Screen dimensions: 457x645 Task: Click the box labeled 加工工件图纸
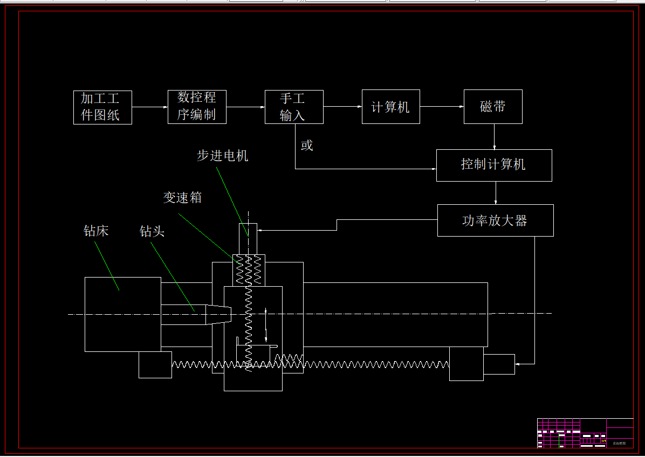102,107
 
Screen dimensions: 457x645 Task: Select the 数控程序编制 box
197,107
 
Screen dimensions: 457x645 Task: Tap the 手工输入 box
294,107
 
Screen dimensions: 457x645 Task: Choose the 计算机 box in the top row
390,107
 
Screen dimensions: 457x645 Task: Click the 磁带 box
493,107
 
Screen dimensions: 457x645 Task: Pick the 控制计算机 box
494,165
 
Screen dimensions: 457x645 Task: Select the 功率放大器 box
495,220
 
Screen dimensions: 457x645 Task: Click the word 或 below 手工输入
307,146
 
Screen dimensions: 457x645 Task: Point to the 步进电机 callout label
223,156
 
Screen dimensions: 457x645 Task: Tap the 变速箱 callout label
183,198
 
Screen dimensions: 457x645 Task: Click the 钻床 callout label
96,231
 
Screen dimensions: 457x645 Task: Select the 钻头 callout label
152,231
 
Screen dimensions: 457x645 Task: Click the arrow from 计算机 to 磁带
442,107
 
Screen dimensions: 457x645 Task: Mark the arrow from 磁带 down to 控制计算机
494,137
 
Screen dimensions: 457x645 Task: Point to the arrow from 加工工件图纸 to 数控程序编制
150,107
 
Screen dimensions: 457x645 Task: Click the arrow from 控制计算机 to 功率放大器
496,193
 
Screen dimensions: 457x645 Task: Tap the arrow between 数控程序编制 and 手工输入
245,107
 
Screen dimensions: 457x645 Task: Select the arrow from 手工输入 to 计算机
342,107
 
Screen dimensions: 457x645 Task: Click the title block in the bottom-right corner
585,433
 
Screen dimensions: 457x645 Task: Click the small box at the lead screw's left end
155,365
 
